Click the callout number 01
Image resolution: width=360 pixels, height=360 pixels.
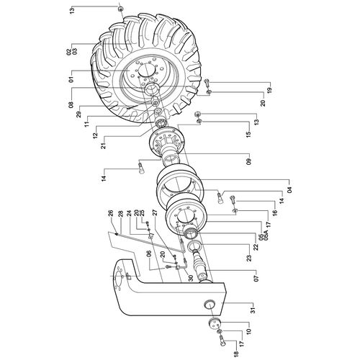tap(71, 79)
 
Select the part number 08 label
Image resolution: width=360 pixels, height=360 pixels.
tap(71, 105)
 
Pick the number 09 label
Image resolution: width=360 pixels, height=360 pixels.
tap(248, 161)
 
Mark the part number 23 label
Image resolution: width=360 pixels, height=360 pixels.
tap(250, 258)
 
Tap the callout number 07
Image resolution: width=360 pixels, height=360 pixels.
tap(257, 278)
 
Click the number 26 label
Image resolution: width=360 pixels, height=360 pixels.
tap(110, 213)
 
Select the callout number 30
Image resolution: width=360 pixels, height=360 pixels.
tap(191, 278)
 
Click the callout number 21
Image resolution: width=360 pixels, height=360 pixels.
tap(104, 145)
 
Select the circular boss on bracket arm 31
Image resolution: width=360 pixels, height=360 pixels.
tap(209, 305)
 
